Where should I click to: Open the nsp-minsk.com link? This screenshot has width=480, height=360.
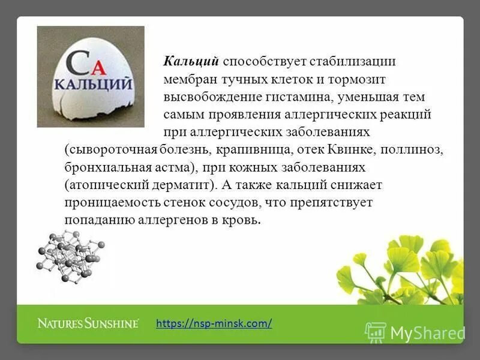[x=214, y=323]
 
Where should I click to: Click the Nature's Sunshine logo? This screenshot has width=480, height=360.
[x=88, y=323]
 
